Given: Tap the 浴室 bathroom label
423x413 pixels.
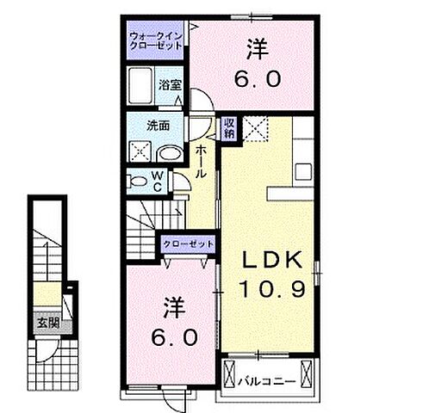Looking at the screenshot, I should coord(169,84).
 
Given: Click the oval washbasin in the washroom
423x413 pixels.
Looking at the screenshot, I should coord(171,153).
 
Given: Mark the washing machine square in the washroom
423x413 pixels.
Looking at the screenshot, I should coord(140,152).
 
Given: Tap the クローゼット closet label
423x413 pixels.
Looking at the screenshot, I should coord(188,244).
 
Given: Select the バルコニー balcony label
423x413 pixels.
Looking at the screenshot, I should coord(275,379).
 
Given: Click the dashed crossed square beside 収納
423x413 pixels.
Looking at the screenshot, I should coord(256,129).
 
